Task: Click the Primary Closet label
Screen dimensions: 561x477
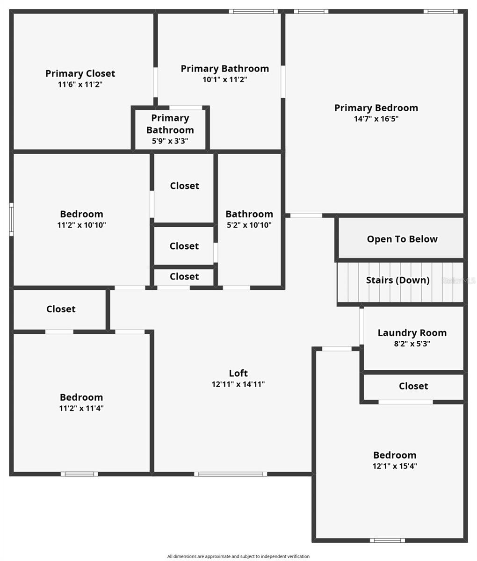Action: (80, 73)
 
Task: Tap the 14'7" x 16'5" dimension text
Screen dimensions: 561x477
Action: (376, 119)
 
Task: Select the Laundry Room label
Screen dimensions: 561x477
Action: (412, 333)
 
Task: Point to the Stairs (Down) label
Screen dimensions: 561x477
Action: (397, 280)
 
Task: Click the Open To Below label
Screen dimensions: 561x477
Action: (402, 239)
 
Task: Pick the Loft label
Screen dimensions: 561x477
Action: (238, 373)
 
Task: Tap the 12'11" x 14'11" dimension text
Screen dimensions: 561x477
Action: (238, 384)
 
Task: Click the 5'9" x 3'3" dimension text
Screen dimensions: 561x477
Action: (170, 141)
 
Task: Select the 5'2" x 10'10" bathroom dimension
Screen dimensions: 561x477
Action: (249, 225)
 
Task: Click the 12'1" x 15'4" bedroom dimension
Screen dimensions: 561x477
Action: (395, 466)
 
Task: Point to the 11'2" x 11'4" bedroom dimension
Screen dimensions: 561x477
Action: (81, 408)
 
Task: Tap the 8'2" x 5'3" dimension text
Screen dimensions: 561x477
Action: (412, 344)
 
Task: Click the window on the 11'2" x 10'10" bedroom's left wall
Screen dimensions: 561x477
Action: (11, 219)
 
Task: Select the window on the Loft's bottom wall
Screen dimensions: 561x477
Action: (231, 474)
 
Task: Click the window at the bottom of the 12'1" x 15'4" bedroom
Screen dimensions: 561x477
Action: (387, 540)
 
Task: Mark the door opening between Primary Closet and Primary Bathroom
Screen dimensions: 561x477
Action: (156, 82)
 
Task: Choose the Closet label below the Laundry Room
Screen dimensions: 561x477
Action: (413, 386)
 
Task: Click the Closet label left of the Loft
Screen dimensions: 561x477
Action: (61, 309)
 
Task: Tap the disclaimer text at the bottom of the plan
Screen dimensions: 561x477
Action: (238, 556)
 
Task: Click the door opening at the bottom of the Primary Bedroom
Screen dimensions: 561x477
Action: (306, 216)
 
